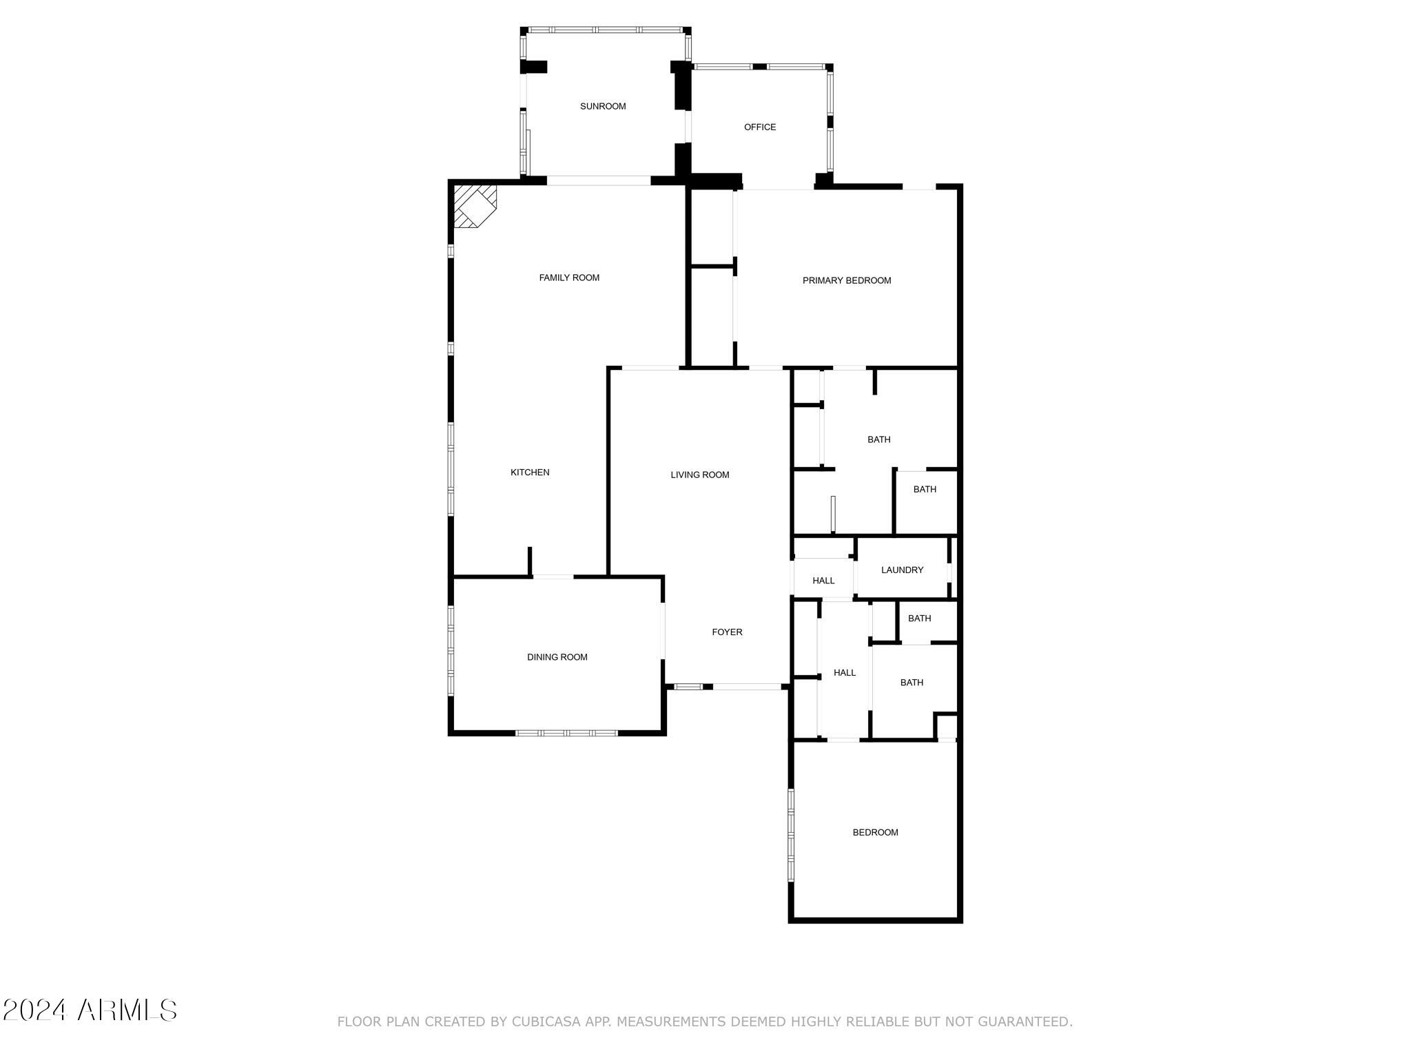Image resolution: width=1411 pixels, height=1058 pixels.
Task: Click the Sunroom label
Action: [x=603, y=106]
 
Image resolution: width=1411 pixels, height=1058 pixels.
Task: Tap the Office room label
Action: [x=760, y=127]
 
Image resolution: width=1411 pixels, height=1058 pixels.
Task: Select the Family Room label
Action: [x=569, y=278]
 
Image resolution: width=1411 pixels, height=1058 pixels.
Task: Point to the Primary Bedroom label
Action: [x=847, y=280]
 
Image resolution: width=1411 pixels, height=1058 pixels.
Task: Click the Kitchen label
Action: [x=530, y=473]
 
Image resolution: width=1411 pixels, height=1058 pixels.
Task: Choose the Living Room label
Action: [x=700, y=475]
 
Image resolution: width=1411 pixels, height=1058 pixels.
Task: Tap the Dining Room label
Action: [x=557, y=657]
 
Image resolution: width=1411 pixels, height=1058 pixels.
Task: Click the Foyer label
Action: [x=727, y=632]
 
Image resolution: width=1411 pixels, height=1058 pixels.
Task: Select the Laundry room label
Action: [x=902, y=570]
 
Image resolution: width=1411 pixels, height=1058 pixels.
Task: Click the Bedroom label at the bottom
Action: [x=876, y=832]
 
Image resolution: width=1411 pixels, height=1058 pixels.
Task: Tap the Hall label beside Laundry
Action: [x=823, y=581]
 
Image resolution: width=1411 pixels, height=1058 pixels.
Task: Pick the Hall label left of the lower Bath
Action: [x=845, y=673]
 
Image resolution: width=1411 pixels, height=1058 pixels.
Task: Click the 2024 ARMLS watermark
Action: [x=90, y=1010]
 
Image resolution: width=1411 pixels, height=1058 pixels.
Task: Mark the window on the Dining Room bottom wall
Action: [x=567, y=733]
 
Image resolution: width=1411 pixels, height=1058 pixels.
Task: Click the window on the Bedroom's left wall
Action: [x=791, y=835]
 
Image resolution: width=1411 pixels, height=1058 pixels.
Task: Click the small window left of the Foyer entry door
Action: [x=688, y=687]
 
